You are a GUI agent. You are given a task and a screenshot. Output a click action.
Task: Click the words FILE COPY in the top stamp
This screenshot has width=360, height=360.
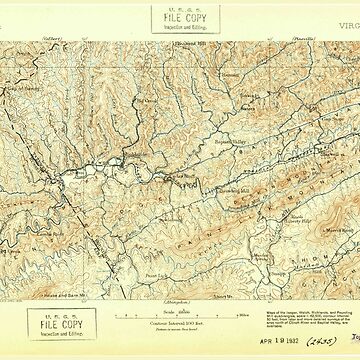point(179,17)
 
